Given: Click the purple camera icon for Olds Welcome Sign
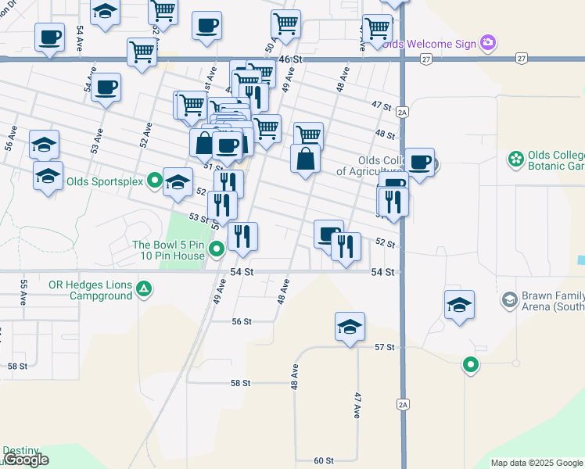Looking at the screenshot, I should (488, 42).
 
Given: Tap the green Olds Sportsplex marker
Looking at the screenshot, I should (155, 181).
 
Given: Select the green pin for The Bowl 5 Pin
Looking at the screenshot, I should (217, 250).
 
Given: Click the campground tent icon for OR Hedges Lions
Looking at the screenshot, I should (144, 290).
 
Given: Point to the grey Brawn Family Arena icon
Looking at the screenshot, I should (509, 299).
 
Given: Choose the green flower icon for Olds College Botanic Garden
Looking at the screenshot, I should (515, 160).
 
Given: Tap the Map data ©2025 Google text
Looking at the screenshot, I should (536, 463).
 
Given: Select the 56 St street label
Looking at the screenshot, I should (241, 321).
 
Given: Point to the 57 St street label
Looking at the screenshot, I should (383, 346).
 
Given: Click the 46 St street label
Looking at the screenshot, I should (289, 59).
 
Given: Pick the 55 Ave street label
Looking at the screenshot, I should (24, 292).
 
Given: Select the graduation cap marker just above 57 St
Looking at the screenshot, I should (350, 327).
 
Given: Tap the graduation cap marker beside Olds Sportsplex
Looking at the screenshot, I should (178, 182).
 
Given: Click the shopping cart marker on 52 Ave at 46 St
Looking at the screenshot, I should (142, 52).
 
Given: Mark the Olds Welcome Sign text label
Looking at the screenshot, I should (430, 44).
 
